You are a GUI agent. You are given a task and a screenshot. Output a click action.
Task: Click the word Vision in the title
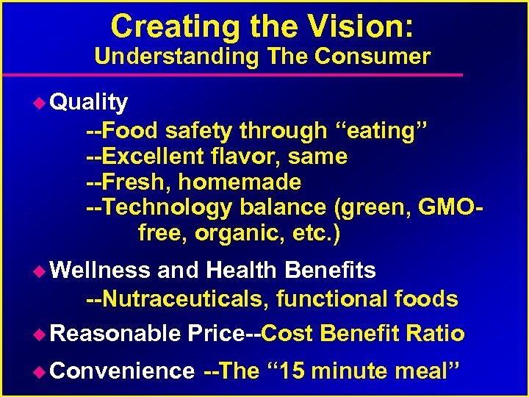(x=352, y=26)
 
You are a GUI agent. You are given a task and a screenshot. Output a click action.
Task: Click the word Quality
(x=92, y=102)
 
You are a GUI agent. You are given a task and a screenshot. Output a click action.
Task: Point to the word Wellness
(x=103, y=271)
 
